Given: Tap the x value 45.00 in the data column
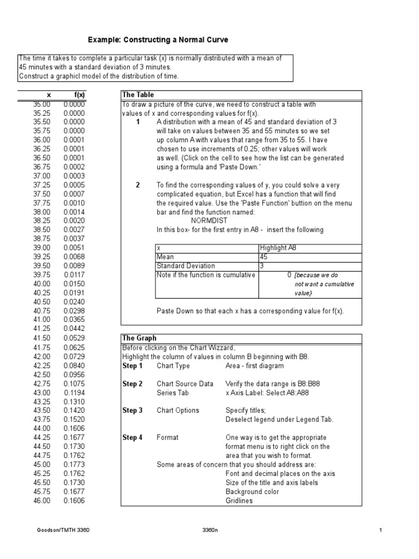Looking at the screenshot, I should point(41,465).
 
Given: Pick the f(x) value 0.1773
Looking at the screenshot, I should point(74,465).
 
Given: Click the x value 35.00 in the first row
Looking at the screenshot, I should point(41,104).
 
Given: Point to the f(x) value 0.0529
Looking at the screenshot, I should point(74,338).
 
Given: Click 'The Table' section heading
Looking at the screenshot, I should point(139,94).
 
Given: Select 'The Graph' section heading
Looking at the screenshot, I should point(139,338).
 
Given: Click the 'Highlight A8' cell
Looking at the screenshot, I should point(278,248).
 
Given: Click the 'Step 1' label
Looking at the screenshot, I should point(133,366).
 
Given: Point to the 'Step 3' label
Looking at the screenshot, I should point(133,411).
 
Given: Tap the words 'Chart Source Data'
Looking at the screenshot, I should point(185,384).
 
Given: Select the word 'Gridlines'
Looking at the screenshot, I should point(239,501).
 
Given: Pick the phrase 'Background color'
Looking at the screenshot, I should point(252,491).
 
